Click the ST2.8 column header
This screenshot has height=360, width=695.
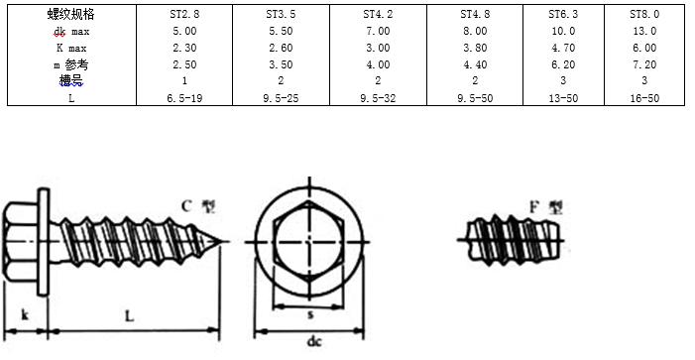coord(184,14)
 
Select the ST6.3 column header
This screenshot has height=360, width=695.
coord(563,14)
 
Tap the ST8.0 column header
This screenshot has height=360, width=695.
coord(644,14)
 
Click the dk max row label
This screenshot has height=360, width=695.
coord(71,31)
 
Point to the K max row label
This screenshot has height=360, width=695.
coord(71,48)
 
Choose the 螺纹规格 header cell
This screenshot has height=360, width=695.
coord(71,14)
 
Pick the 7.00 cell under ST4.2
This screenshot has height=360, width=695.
coord(378,31)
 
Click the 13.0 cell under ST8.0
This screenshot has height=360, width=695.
coord(644,31)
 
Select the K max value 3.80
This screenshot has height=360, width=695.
coord(475,48)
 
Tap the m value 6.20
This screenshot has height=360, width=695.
coord(563,64)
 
